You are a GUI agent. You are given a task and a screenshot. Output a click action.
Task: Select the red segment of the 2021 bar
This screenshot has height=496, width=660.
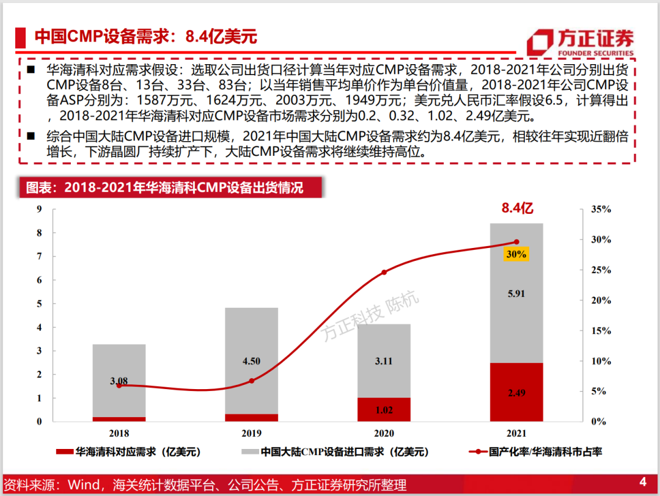tap(516, 392)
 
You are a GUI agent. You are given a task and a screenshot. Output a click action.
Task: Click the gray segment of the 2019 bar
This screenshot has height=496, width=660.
tap(251, 361)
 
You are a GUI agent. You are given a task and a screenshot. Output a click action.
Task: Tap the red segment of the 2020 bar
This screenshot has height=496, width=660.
tap(384, 409)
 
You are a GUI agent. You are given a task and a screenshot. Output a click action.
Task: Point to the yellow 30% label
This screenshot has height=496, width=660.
tap(516, 254)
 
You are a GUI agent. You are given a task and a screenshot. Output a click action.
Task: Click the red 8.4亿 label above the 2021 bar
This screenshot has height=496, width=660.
tap(518, 208)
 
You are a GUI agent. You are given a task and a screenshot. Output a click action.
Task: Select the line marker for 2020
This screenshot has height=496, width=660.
tap(384, 272)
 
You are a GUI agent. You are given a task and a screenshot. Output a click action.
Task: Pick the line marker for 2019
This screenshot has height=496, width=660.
tap(251, 381)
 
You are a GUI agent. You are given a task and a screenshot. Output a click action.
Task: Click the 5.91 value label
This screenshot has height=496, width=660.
tap(516, 294)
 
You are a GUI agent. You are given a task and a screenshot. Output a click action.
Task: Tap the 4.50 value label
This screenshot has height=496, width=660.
tap(251, 361)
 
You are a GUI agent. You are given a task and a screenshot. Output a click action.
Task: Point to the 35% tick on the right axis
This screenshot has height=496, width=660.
tap(601, 209)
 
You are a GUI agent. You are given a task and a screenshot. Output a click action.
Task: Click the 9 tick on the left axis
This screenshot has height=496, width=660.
tap(39, 209)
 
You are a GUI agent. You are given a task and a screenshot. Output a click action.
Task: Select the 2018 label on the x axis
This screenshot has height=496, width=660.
tap(119, 433)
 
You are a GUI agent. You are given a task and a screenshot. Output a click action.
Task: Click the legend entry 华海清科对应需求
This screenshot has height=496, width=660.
tap(128, 452)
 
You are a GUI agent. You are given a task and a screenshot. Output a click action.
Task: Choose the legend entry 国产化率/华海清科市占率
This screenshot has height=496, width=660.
tap(535, 452)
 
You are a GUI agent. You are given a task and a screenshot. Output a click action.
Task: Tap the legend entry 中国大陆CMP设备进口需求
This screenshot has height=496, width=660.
tap(335, 452)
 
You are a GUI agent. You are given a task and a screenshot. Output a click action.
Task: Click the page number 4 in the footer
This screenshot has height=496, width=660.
tap(643, 482)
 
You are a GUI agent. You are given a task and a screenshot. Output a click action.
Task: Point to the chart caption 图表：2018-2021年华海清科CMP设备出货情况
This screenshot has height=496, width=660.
tap(164, 188)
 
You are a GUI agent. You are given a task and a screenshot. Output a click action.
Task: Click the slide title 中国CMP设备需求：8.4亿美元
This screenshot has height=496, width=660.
tap(145, 37)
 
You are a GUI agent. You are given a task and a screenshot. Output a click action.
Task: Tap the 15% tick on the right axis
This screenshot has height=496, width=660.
tap(601, 330)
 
